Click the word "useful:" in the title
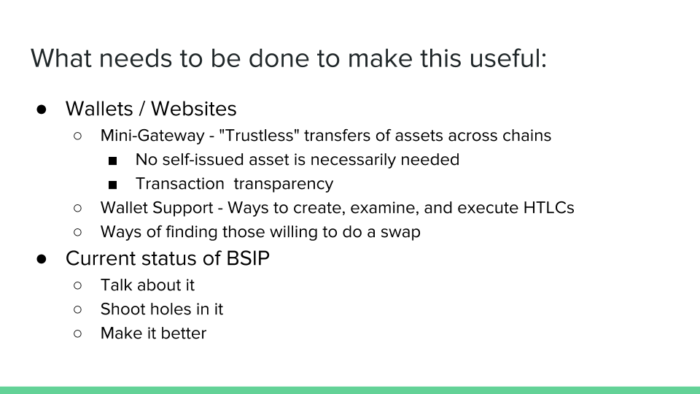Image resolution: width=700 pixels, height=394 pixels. tap(508, 58)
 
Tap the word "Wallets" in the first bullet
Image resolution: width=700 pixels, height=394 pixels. tap(99, 109)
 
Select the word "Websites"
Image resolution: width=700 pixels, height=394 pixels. tap(194, 109)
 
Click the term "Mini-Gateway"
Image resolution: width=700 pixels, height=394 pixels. tap(152, 136)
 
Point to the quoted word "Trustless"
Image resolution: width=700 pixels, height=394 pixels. tap(259, 136)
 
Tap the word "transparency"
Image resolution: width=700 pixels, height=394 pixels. tap(284, 184)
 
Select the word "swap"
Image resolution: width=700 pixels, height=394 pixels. tap(400, 232)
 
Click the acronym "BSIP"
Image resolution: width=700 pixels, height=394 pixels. tap(248, 258)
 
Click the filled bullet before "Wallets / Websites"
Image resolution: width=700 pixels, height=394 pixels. tap(42, 109)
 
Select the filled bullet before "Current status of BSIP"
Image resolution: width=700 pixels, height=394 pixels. tap(42, 259)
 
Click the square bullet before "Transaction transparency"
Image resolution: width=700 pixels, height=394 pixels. tap(112, 185)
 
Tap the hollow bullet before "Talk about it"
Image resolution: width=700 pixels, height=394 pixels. tap(78, 285)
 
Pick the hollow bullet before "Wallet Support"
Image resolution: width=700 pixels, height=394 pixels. tap(78, 208)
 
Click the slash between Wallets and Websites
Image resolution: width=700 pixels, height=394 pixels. tap(142, 109)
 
